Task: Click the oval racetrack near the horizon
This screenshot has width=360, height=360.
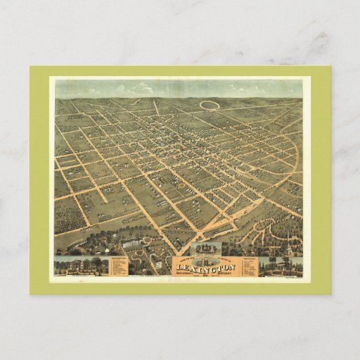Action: (211, 105)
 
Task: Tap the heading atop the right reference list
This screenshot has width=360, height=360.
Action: (245, 258)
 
